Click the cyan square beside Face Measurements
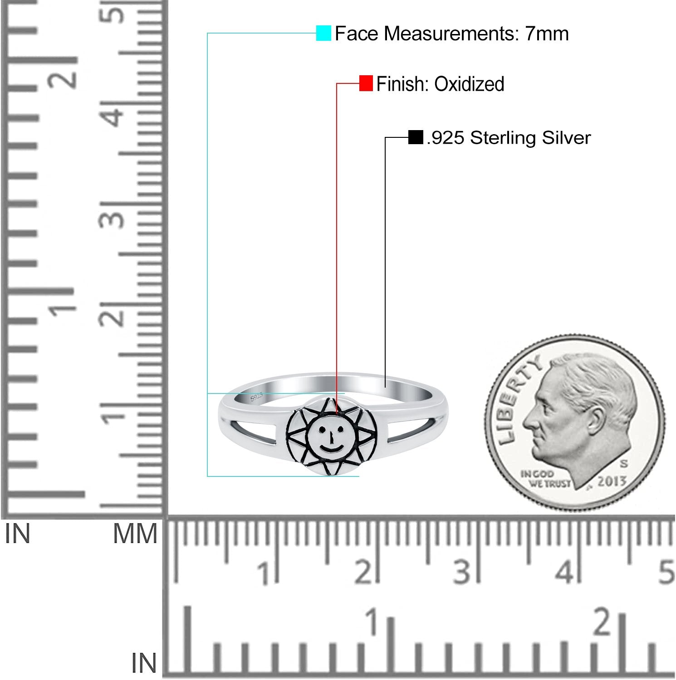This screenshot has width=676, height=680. click(323, 34)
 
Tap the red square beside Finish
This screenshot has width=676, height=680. click(366, 83)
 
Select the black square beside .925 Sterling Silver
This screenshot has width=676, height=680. click(416, 137)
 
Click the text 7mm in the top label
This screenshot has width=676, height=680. click(547, 34)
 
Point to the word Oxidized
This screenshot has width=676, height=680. click(469, 84)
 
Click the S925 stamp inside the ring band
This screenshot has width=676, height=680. click(257, 397)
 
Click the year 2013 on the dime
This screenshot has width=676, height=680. click(612, 481)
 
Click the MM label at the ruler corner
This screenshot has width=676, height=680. click(135, 534)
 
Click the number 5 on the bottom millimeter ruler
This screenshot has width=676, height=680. click(666, 572)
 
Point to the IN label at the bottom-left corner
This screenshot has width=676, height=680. click(144, 664)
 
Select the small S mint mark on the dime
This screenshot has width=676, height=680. click(624, 464)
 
